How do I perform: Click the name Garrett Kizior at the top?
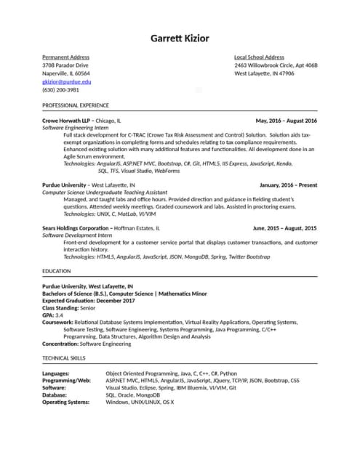pyautogui.click(x=180, y=38)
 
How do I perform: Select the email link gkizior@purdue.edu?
pyautogui.click(x=67, y=82)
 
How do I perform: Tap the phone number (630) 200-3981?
pyautogui.click(x=60, y=90)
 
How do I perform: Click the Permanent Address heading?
pyautogui.click(x=65, y=57)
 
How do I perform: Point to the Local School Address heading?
pyautogui.click(x=259, y=57)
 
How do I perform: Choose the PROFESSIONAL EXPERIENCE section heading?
pyautogui.click(x=76, y=105)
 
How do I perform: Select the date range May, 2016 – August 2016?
pyautogui.click(x=287, y=120)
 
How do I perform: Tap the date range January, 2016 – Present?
pyautogui.click(x=288, y=185)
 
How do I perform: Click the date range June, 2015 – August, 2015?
pyautogui.click(x=284, y=228)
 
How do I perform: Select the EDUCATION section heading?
pyautogui.click(x=57, y=271)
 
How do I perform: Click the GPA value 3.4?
pyautogui.click(x=59, y=315)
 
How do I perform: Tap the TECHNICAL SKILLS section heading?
pyautogui.click(x=64, y=358)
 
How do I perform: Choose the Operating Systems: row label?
pyautogui.click(x=66, y=402)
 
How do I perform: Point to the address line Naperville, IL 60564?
pyautogui.click(x=66, y=73)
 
